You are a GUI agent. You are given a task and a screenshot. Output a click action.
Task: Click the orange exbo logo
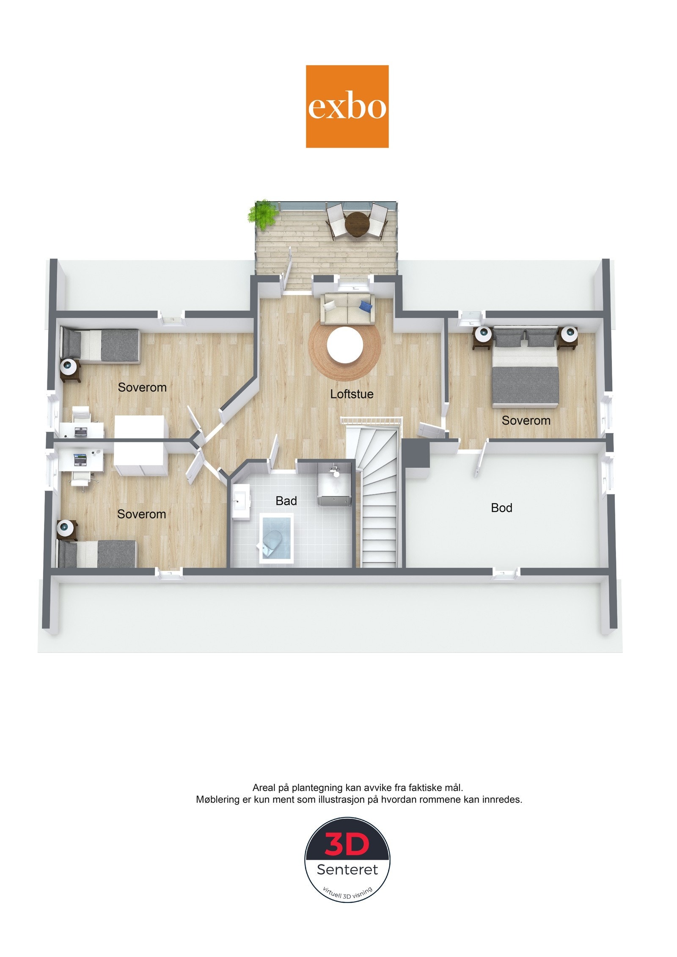point(347,106)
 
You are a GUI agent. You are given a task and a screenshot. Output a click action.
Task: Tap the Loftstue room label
point(352,394)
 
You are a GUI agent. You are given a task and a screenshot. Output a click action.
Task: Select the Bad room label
point(286,501)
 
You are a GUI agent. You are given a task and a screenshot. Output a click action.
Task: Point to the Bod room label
point(501,508)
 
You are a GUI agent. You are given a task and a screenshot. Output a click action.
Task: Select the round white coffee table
point(345,345)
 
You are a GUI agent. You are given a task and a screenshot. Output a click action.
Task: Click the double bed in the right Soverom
point(526,366)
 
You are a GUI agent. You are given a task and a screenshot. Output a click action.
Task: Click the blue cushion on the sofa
point(366,305)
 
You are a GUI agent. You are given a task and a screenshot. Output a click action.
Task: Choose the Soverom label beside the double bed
point(526,420)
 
